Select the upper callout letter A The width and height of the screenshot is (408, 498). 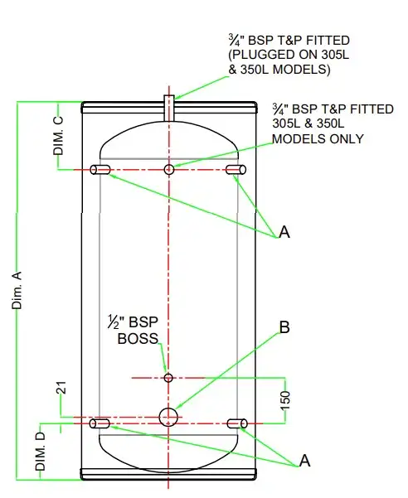click(x=284, y=234)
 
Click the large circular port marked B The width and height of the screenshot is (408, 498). click(x=169, y=416)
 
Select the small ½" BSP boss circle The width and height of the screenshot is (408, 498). click(x=169, y=378)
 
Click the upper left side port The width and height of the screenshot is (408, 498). click(x=102, y=170)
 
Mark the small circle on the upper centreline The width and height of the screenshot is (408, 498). click(x=169, y=170)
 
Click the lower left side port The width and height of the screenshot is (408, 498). click(x=102, y=423)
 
